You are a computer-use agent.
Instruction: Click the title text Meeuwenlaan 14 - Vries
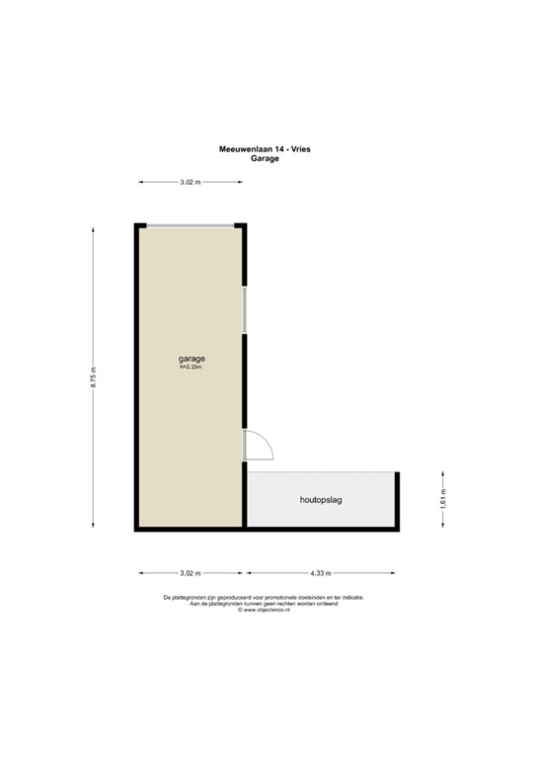point(265,149)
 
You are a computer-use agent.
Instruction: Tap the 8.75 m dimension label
point(94,379)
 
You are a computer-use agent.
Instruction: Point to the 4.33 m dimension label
point(320,572)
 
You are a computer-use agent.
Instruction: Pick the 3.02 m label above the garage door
point(190,182)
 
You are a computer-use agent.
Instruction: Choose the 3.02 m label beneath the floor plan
point(190,572)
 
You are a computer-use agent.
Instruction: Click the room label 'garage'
point(191,358)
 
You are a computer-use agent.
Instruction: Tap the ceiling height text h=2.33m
point(191,367)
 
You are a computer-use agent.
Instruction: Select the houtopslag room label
point(321,501)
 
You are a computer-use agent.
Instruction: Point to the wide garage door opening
point(191,226)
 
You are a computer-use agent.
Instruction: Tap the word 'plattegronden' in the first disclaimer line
point(192,598)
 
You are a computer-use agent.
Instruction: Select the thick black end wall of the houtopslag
point(398,500)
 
